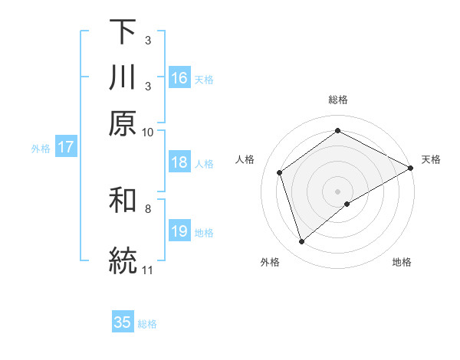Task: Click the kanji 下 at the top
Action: point(123,33)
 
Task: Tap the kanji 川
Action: point(123,77)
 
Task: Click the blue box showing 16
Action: point(179,78)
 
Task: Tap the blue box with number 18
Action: point(179,162)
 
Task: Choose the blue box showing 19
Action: point(179,232)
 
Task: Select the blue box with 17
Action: point(65,148)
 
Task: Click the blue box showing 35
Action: point(123,322)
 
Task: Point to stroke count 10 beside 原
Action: point(148,131)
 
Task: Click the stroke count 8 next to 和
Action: point(148,208)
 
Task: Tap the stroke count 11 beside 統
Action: point(148,270)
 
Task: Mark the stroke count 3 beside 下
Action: point(147,38)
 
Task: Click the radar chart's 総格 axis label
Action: point(338,100)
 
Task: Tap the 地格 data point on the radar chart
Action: point(347,204)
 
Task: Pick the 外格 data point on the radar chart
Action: point(302,242)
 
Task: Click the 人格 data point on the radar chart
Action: point(280,172)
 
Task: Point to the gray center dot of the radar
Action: point(338,191)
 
